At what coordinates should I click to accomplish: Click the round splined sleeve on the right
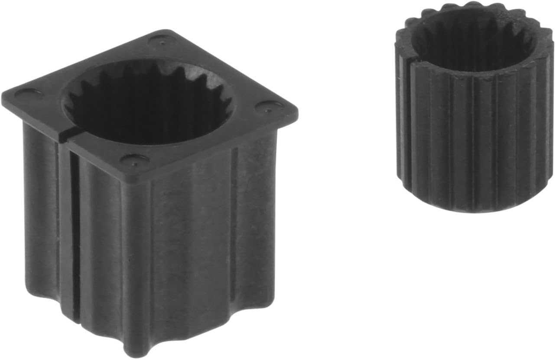pos(475,130)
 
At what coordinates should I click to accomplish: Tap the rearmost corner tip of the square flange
pos(167,31)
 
